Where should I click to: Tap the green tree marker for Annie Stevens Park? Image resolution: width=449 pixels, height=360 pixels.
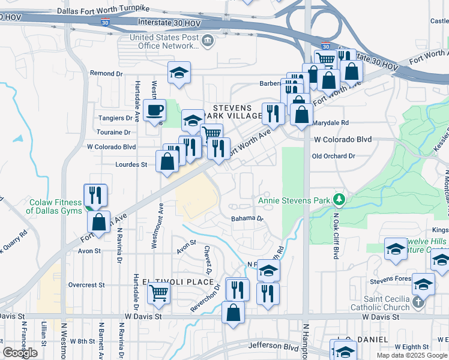[339, 199]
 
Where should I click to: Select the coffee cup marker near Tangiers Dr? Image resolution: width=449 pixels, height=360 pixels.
[155, 111]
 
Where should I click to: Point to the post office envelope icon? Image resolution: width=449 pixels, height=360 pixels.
[208, 41]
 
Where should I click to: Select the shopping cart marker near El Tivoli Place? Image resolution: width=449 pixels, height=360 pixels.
[159, 293]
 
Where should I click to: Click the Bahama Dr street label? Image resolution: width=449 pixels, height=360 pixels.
[247, 219]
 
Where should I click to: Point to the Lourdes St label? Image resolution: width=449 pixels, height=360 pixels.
[131, 164]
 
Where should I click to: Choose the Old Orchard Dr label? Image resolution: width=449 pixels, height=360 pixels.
[333, 156]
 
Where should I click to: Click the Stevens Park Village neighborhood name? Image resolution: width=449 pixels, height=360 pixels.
[234, 112]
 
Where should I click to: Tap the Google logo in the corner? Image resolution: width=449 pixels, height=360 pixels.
[20, 353]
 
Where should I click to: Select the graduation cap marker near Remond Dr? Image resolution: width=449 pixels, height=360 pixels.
[179, 73]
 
